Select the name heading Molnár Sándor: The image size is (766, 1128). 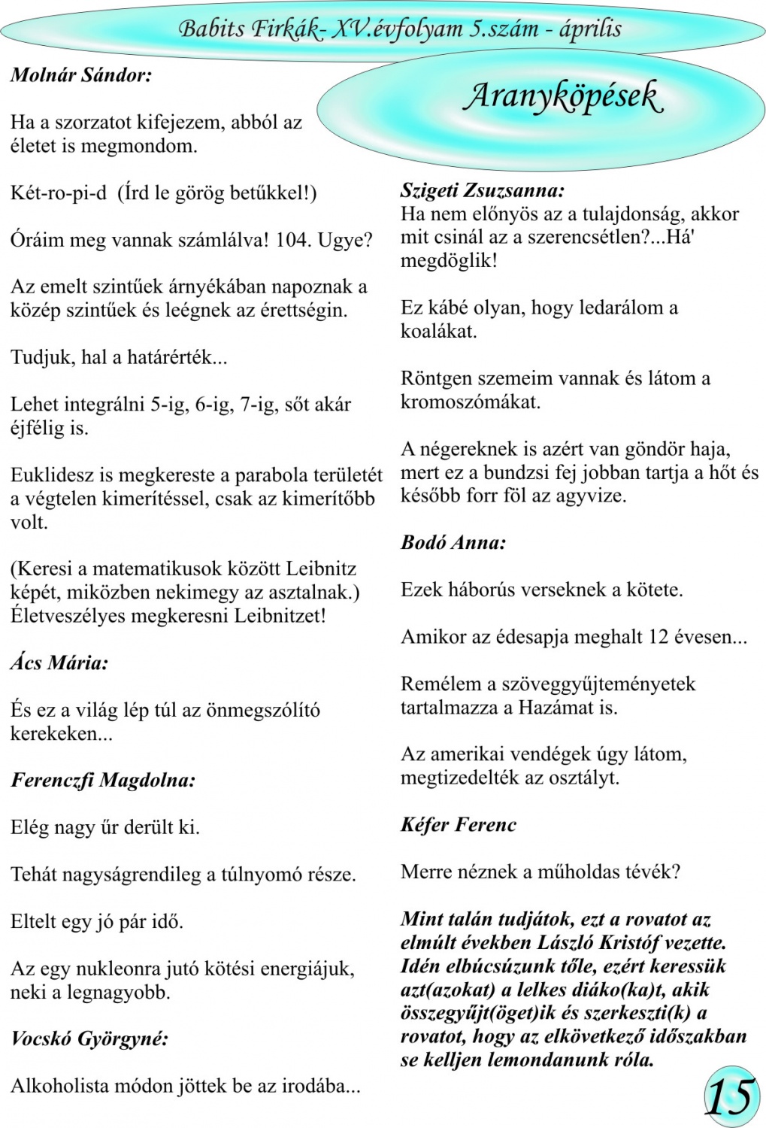(x=81, y=75)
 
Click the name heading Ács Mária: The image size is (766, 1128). (x=59, y=663)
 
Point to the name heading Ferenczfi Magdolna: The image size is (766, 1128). (x=103, y=780)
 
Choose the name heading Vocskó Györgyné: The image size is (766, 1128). (x=89, y=1039)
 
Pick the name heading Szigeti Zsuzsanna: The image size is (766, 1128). (x=482, y=190)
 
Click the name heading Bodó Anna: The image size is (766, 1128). (x=453, y=542)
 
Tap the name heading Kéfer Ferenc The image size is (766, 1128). (x=459, y=824)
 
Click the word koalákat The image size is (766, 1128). (x=438, y=331)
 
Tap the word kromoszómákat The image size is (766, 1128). (x=471, y=402)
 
